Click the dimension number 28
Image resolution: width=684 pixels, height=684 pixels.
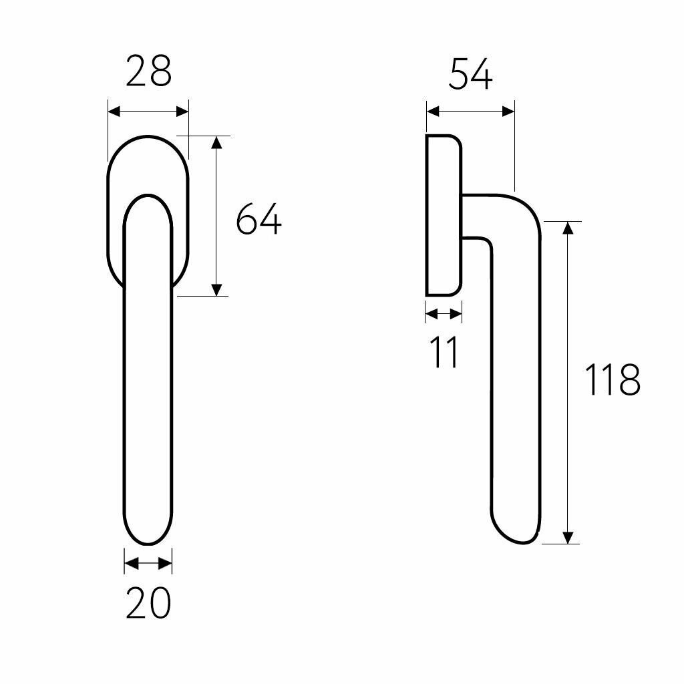(148, 71)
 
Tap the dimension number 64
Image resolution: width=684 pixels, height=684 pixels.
(259, 218)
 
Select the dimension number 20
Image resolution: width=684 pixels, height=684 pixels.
(148, 603)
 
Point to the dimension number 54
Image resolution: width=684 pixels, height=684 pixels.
(471, 74)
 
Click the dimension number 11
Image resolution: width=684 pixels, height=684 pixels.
(444, 352)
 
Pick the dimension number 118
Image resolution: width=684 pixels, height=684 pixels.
(612, 379)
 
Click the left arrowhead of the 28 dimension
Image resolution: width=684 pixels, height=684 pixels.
(114, 112)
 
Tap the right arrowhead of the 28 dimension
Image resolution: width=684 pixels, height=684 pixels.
(182, 112)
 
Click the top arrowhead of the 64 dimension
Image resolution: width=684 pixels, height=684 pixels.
(217, 142)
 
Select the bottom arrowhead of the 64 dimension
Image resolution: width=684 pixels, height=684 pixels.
(217, 290)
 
